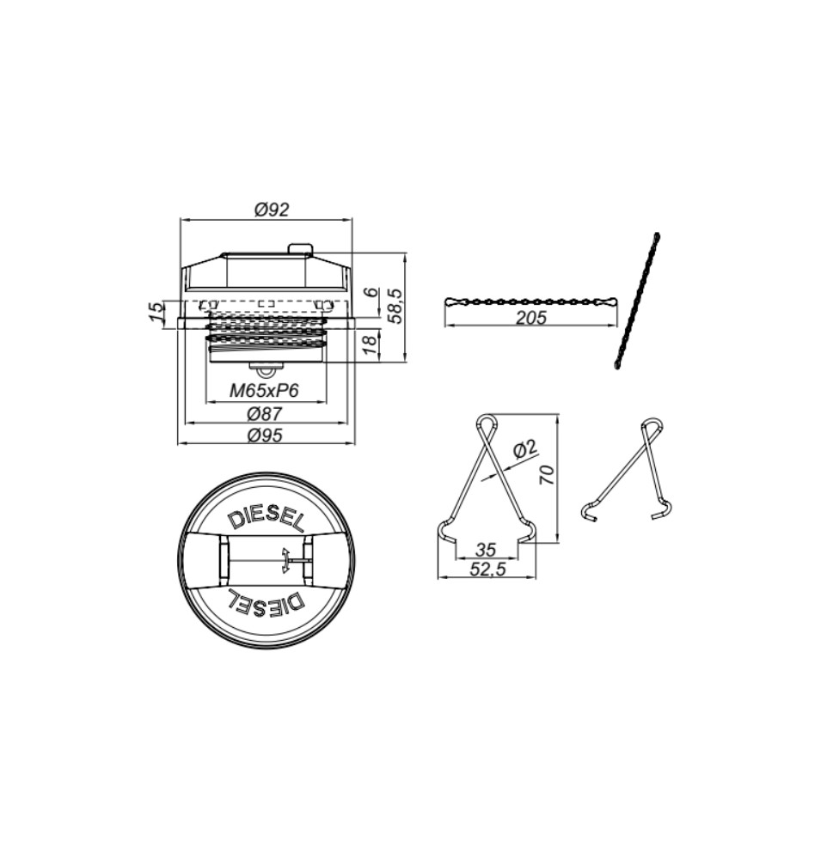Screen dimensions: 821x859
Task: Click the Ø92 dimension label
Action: point(272,209)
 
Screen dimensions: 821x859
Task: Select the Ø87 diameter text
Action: point(264,413)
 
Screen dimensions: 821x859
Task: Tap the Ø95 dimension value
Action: point(264,435)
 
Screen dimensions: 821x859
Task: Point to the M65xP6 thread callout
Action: point(264,391)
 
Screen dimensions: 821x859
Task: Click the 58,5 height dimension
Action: point(396,306)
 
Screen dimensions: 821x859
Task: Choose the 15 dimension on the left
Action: point(156,311)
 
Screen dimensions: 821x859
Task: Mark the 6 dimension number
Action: point(372,291)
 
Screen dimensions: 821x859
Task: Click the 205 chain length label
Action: point(530,317)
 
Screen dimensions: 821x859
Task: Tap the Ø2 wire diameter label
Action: point(525,449)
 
